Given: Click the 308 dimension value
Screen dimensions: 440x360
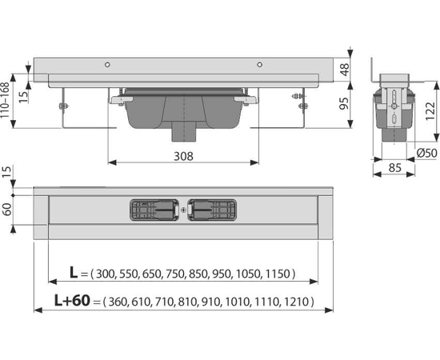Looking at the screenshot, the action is (x=183, y=156).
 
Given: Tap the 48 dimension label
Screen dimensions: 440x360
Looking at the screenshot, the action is (x=345, y=69).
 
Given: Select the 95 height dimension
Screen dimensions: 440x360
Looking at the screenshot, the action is (x=345, y=103).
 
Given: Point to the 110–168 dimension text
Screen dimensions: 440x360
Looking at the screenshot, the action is (x=6, y=100).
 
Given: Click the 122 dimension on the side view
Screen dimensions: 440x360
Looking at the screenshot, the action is (x=430, y=112).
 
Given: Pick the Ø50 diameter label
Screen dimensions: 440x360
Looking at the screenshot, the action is (x=426, y=154).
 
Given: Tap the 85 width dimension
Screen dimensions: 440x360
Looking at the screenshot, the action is (x=395, y=168).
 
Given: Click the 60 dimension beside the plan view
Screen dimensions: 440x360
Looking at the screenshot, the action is (x=6, y=210).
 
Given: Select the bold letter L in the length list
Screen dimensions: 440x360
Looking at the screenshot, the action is (x=74, y=272).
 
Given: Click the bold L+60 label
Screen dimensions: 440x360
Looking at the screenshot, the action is (x=72, y=301).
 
